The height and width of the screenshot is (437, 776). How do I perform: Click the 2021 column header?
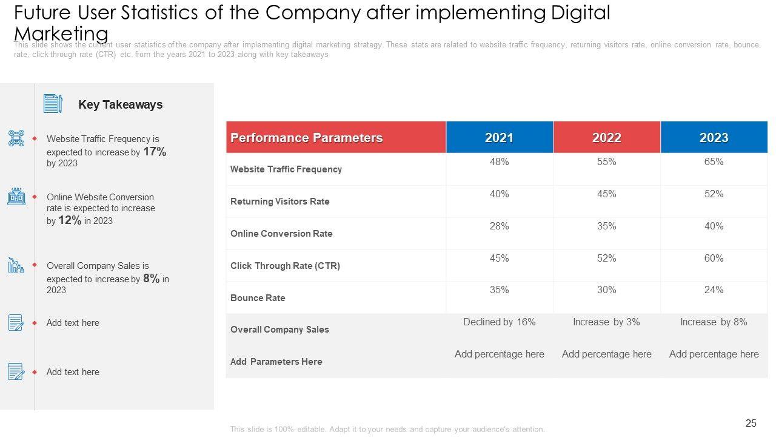[x=499, y=138]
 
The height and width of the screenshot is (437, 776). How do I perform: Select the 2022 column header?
[x=606, y=138]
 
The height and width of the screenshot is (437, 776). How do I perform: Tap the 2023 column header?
[x=714, y=138]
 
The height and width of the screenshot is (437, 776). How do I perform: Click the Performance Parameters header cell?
[x=307, y=138]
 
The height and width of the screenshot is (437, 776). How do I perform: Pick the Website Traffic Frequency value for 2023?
[x=714, y=162]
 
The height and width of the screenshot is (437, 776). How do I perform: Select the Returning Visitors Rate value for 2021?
[x=499, y=194]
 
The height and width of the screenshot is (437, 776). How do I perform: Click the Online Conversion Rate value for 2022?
[x=606, y=226]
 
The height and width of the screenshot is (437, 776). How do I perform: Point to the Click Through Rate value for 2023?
[x=714, y=259]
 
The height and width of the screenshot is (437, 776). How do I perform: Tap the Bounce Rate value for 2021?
[x=499, y=290]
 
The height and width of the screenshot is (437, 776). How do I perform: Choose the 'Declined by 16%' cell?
[x=499, y=322]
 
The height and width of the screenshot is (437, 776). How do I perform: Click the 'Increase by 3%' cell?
[x=606, y=322]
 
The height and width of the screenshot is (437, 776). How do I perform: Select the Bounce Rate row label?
[x=258, y=298]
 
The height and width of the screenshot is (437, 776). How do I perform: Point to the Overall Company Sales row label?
[x=279, y=330]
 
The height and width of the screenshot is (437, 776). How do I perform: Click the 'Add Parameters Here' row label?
[x=276, y=362]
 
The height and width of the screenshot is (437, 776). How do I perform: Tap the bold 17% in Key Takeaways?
[x=155, y=152]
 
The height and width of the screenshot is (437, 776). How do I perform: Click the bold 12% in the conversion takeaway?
[x=70, y=220]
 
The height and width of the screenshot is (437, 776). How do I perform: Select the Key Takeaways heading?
[x=121, y=104]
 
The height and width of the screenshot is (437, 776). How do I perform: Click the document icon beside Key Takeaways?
[x=53, y=104]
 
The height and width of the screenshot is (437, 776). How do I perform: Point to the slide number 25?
[x=751, y=424]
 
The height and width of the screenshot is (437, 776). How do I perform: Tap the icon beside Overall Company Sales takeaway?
[x=16, y=265]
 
